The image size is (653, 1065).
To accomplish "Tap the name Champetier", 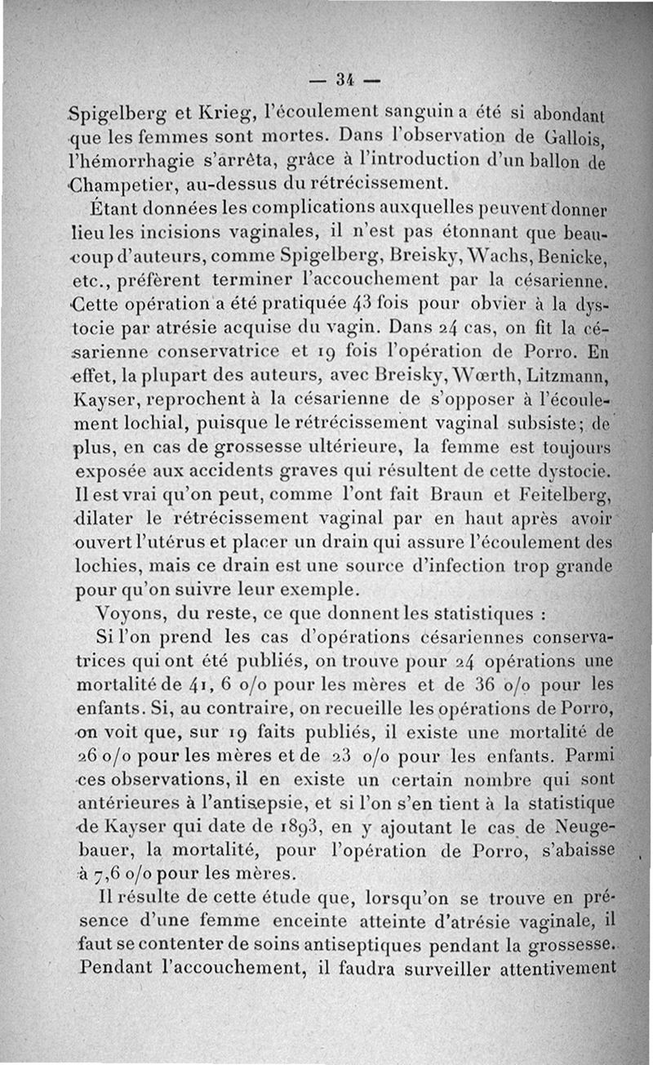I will click(123, 180).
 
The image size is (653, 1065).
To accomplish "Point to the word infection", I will click(520, 564).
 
